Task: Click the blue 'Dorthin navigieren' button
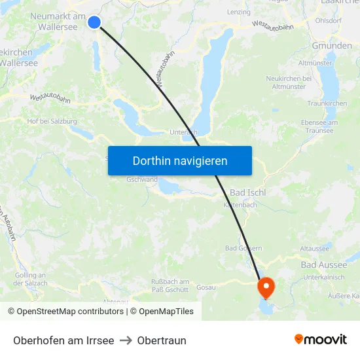180,160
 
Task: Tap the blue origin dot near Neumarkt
94,22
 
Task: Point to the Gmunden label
331,46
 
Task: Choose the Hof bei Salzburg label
52,121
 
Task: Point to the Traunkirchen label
327,103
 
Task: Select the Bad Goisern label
243,248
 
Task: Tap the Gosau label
206,287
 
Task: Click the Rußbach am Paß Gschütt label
165,285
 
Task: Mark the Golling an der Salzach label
30,279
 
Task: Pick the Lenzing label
238,12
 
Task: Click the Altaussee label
314,249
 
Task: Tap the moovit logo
320,340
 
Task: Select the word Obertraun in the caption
162,340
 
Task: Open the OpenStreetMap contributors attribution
70,312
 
